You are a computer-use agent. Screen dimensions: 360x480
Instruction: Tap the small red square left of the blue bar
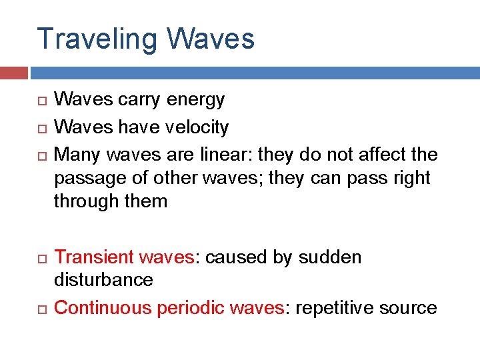[13, 73]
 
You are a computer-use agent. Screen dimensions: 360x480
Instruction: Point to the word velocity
[198, 127]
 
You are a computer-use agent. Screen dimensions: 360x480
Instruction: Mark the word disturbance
[103, 279]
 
